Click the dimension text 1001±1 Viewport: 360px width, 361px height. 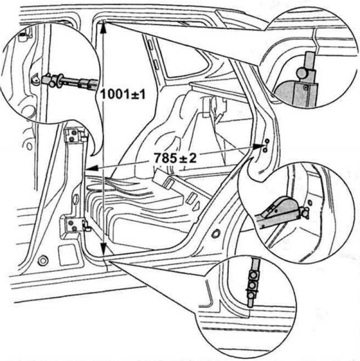123,94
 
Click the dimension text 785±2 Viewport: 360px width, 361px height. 175,158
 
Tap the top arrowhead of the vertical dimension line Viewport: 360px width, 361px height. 103,27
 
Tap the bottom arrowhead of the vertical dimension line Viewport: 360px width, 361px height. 103,250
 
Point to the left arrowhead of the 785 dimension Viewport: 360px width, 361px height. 91,168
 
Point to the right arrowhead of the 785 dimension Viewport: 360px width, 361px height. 258,146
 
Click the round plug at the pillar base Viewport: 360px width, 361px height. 43,260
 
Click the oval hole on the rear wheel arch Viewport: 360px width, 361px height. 216,234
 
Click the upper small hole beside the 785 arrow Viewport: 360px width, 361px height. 267,141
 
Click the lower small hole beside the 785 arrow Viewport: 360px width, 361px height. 265,150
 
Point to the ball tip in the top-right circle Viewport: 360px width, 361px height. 301,72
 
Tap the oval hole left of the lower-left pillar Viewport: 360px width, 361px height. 29,146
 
